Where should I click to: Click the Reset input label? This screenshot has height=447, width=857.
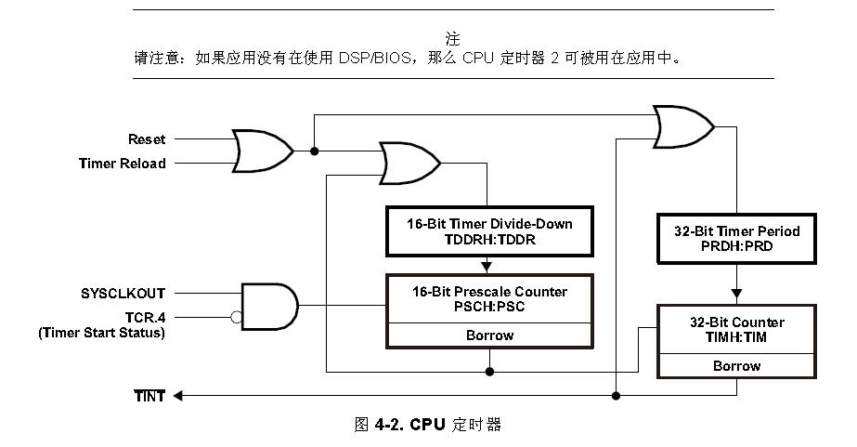(x=147, y=139)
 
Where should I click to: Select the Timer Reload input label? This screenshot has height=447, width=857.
(x=122, y=164)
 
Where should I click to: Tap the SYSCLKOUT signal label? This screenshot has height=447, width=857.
(x=123, y=294)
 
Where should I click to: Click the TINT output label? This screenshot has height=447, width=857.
(x=149, y=396)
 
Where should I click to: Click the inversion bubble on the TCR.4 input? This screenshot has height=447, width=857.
(x=237, y=317)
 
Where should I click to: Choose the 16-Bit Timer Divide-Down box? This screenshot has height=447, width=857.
(x=488, y=231)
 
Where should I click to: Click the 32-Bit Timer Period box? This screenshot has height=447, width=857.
(x=736, y=238)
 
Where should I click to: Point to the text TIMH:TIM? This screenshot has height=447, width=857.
(x=737, y=337)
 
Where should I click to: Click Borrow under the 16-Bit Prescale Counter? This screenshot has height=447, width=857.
(x=489, y=335)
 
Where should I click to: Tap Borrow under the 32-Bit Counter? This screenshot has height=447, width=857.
(x=737, y=366)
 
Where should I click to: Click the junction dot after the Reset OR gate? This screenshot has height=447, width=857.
(x=314, y=151)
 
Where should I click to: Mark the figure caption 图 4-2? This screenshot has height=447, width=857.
(x=428, y=425)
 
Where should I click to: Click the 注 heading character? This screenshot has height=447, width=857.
(x=452, y=38)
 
